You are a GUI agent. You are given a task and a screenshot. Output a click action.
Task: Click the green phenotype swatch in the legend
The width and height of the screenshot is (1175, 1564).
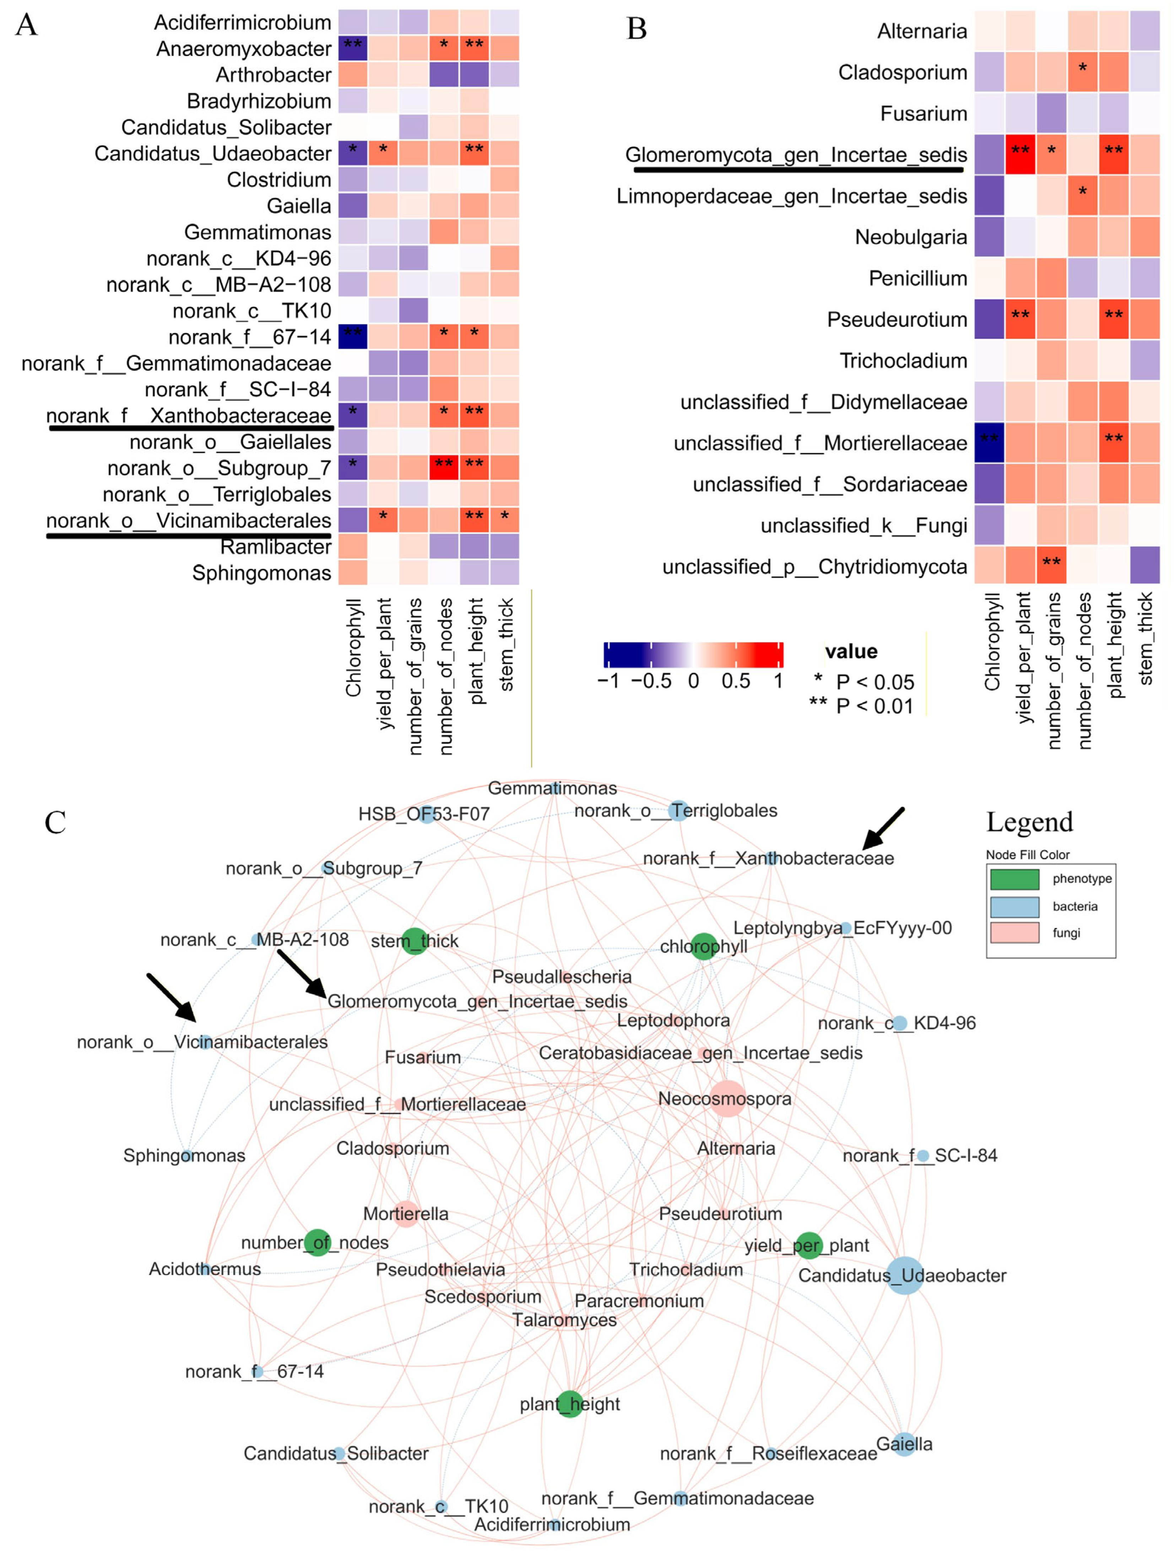pos(1014,879)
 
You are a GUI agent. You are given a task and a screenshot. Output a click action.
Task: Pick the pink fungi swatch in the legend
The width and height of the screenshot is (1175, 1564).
pos(1014,933)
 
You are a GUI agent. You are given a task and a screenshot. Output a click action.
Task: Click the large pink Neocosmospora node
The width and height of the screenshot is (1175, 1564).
pos(727,1099)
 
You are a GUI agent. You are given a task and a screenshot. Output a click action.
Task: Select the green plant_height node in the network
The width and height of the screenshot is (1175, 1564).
pos(570,1403)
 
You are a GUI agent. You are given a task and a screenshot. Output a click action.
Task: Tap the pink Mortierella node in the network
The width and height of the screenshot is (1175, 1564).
pos(406,1213)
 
